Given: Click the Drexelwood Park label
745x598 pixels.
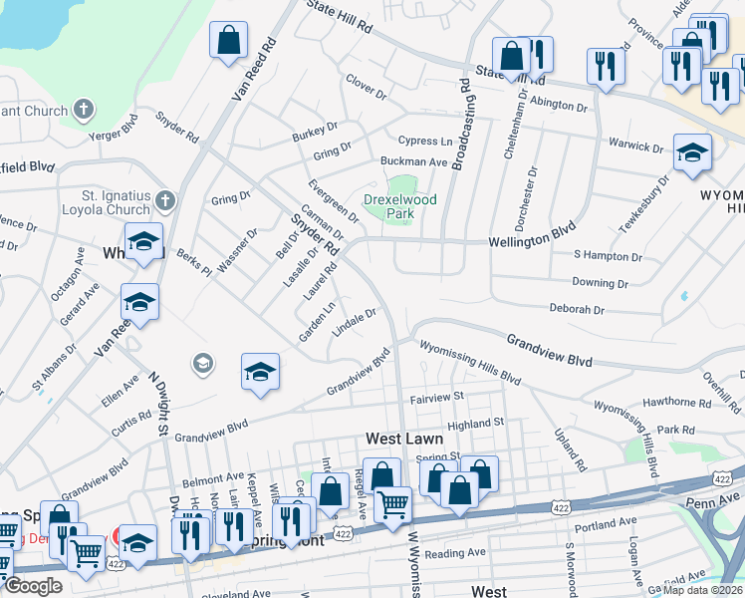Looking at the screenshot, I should [x=399, y=206].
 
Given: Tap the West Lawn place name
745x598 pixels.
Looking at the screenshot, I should [x=403, y=439].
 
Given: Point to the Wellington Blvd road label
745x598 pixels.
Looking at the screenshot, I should [x=533, y=241].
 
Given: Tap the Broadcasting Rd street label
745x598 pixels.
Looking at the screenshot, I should [x=461, y=124].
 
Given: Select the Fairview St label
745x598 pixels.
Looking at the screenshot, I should [x=438, y=398].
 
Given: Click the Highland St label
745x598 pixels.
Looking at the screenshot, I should [x=476, y=424].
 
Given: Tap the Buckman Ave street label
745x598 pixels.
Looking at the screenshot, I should [x=413, y=161].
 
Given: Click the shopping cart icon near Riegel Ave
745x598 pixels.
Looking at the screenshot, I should [x=392, y=504].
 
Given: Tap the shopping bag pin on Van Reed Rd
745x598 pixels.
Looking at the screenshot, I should [x=229, y=42].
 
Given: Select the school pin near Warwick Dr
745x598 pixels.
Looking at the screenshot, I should [x=692, y=153].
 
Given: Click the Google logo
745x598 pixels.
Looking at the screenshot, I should [x=33, y=586].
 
